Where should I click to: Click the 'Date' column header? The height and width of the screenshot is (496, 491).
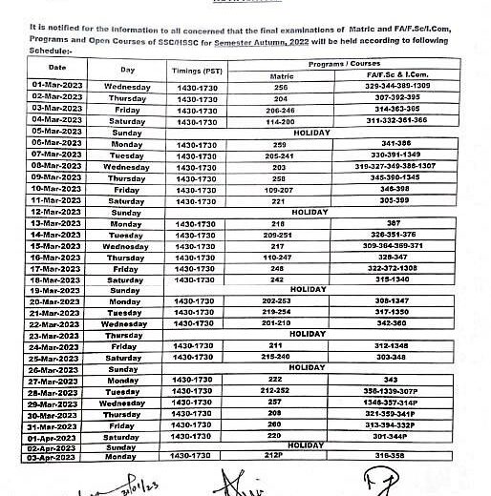click(x=57, y=68)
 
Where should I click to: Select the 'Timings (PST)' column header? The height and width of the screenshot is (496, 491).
click(x=199, y=71)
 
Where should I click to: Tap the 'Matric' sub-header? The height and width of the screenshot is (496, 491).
click(x=280, y=74)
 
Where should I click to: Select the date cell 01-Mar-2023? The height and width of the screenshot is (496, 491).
click(x=58, y=86)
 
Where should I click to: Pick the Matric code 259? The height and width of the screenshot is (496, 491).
click(x=280, y=142)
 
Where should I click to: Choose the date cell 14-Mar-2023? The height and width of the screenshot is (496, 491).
click(x=58, y=234)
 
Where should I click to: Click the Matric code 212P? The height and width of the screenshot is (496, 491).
click(x=280, y=457)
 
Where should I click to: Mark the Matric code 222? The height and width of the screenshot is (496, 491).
click(x=280, y=379)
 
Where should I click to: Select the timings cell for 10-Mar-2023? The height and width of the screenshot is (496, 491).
click(x=199, y=188)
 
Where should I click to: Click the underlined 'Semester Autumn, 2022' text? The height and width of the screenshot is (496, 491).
click(x=289, y=43)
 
